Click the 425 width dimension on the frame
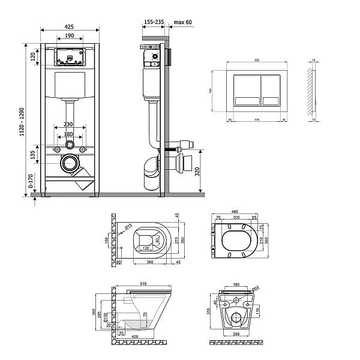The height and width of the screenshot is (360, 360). click(x=69, y=26)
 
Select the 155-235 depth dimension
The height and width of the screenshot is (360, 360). click(x=154, y=22)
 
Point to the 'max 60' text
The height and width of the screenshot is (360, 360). click(x=182, y=22)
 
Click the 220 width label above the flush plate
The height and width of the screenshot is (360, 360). click(x=257, y=61)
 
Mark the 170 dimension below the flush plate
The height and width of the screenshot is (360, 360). click(x=257, y=119)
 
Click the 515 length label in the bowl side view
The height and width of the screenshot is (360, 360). click(x=141, y=283)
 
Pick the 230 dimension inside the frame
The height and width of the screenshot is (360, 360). click(x=69, y=125)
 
